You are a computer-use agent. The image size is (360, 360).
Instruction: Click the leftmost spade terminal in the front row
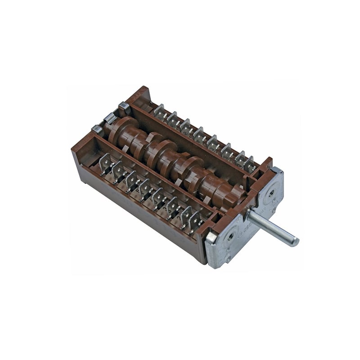[105, 162]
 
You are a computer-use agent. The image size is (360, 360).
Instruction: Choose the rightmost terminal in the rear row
[249, 164]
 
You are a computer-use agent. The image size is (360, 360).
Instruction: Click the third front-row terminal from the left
[131, 179]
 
